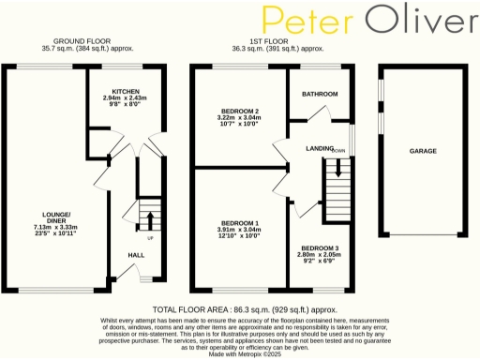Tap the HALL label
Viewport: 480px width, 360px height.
[x=136, y=254]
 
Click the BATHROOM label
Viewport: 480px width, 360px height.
[x=319, y=95]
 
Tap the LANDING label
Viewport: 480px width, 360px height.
[x=320, y=149]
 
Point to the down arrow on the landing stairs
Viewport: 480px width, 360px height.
[x=339, y=169]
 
